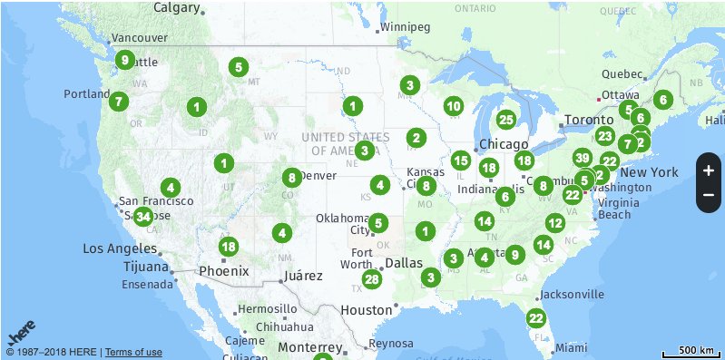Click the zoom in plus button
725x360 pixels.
click(709, 170)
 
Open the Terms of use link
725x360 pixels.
click(133, 352)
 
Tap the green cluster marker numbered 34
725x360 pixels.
click(142, 216)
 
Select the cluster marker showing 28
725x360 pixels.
click(370, 280)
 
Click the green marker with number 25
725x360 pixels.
click(506, 119)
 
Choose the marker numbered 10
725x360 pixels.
click(454, 106)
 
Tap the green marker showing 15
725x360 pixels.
click(461, 161)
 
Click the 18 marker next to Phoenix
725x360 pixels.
click(229, 247)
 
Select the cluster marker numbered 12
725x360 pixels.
click(555, 223)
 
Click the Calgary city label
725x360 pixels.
click(177, 7)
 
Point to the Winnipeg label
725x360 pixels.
click(405, 26)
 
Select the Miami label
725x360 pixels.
click(572, 347)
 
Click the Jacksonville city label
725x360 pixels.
click(571, 295)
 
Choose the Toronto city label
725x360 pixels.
click(589, 120)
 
